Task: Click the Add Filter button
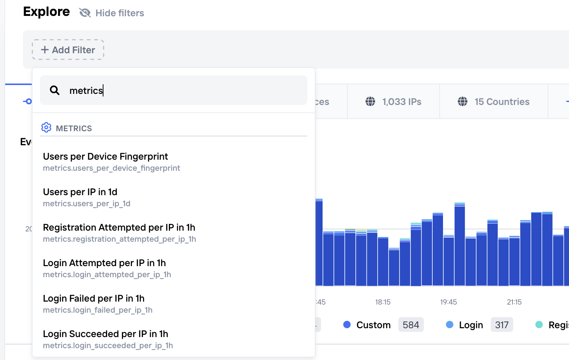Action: click(x=68, y=50)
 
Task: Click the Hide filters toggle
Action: click(x=112, y=13)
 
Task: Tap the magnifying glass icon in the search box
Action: click(x=55, y=90)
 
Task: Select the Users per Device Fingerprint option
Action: click(x=106, y=162)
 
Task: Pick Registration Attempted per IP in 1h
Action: click(x=119, y=232)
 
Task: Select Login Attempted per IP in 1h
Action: click(x=105, y=268)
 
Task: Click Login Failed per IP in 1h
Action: click(x=94, y=303)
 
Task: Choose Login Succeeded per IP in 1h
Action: click(x=106, y=339)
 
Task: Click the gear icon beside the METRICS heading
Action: click(x=46, y=128)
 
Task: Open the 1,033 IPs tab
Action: click(x=393, y=102)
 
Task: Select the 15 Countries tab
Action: click(x=494, y=102)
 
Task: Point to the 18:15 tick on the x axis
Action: click(x=383, y=302)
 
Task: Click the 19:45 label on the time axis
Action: click(x=449, y=302)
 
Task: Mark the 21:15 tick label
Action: click(x=514, y=302)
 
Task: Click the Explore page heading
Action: click(x=47, y=11)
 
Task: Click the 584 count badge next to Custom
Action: click(x=411, y=325)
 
